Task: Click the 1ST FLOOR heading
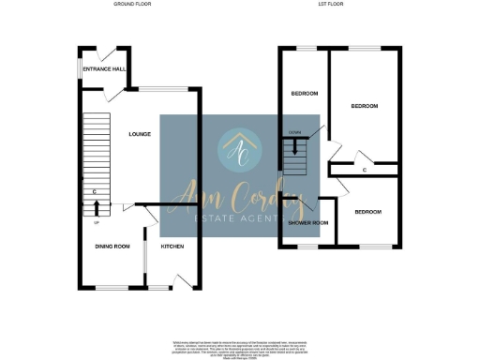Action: point(339,5)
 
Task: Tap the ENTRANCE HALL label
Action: point(105,69)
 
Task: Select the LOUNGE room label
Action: point(140,134)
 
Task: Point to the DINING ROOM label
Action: point(112,246)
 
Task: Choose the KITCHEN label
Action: point(172,246)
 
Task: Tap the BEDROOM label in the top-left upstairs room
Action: point(305,94)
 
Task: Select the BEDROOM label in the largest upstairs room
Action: point(364,106)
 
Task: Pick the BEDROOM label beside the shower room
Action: point(367,213)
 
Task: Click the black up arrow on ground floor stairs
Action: point(98,207)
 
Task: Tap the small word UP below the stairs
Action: point(97,221)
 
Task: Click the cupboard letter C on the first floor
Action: point(363,170)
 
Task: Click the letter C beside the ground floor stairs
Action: point(95,193)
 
